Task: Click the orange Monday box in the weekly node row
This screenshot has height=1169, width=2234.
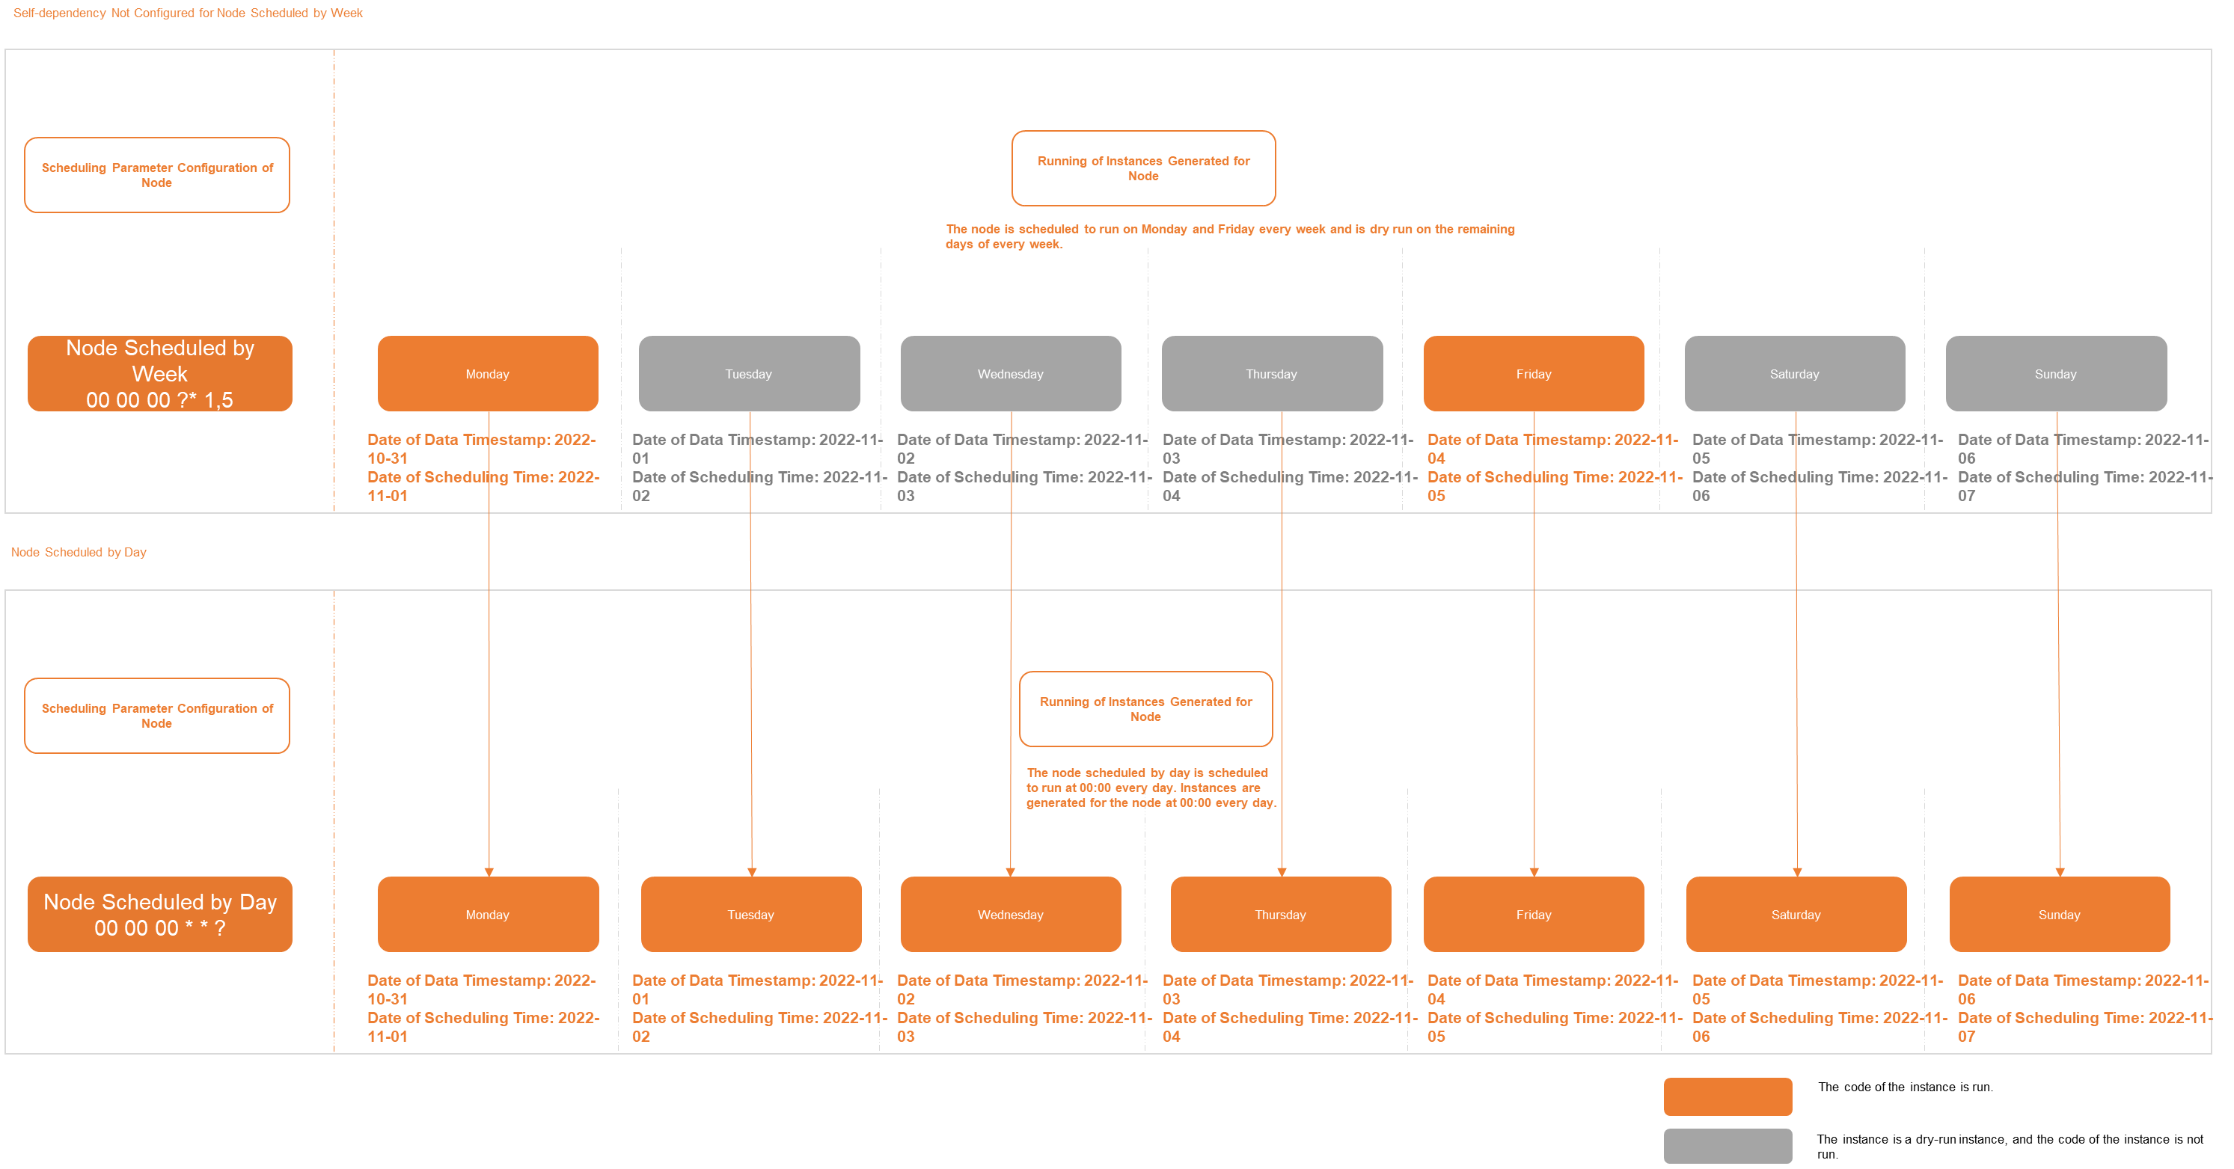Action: click(x=487, y=374)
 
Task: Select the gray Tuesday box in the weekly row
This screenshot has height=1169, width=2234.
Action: click(x=748, y=374)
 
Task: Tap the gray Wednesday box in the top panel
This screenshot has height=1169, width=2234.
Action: click(x=1010, y=374)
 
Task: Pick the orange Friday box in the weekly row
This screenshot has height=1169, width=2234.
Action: click(x=1533, y=374)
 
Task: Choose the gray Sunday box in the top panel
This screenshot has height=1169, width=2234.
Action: click(x=2055, y=374)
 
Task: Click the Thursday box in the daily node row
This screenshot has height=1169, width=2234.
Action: click(x=1280, y=914)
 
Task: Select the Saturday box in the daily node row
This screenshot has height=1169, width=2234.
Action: click(x=1796, y=914)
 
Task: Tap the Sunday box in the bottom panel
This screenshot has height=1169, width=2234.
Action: click(x=2059, y=914)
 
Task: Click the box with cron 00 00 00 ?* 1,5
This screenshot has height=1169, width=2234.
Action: click(x=159, y=374)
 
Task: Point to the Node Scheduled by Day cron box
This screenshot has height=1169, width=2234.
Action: click(x=159, y=914)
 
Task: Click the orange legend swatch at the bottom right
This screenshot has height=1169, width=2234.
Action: click(x=1727, y=1096)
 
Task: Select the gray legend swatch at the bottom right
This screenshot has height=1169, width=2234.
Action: click(x=1727, y=1146)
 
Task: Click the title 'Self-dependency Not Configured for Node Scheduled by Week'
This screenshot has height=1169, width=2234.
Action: click(x=187, y=13)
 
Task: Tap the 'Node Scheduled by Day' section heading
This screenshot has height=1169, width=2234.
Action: click(x=78, y=553)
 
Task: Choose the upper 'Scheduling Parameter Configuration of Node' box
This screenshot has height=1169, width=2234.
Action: click(x=157, y=175)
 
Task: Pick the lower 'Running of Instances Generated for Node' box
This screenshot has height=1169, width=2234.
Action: click(x=1145, y=708)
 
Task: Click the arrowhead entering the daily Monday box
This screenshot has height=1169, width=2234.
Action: click(x=489, y=871)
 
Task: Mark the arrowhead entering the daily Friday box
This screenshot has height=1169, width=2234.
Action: click(x=1534, y=871)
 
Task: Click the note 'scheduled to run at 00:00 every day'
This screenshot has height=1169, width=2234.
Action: click(x=1150, y=788)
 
